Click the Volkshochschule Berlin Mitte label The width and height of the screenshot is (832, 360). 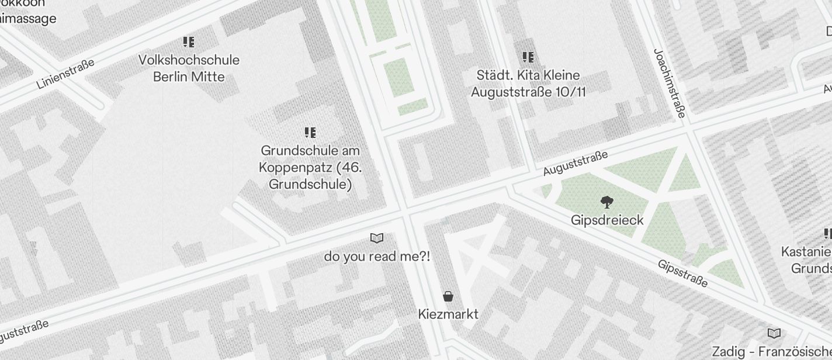pyautogui.click(x=189, y=68)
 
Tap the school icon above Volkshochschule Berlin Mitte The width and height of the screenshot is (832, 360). pyautogui.click(x=188, y=42)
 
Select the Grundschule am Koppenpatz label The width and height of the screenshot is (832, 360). pyautogui.click(x=310, y=168)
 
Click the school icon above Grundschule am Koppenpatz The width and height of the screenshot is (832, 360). pyautogui.click(x=310, y=133)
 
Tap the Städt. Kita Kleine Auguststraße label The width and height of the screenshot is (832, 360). pyautogui.click(x=528, y=84)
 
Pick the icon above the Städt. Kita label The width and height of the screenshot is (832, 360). pyautogui.click(x=528, y=57)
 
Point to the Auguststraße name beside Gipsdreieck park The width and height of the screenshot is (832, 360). pyautogui.click(x=576, y=163)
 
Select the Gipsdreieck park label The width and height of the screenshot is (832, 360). pyautogui.click(x=607, y=220)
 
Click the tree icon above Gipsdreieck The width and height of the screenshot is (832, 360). pyautogui.click(x=607, y=202)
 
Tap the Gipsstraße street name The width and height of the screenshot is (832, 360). pyautogui.click(x=682, y=274)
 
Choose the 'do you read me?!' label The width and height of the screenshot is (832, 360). pyautogui.click(x=377, y=256)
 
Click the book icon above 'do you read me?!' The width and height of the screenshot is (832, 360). pyautogui.click(x=377, y=238)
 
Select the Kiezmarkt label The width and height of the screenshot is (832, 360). pyautogui.click(x=448, y=314)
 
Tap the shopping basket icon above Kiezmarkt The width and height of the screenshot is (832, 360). pyautogui.click(x=448, y=296)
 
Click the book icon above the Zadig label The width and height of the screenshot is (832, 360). pyautogui.click(x=774, y=333)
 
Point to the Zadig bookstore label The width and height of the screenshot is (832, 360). pyautogui.click(x=771, y=352)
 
